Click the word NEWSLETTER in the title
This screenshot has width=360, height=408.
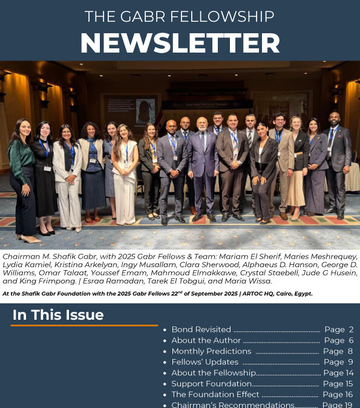(180, 42)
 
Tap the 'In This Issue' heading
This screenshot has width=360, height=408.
(58, 315)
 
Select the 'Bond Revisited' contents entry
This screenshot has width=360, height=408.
(201, 329)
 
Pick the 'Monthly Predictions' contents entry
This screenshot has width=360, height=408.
(211, 351)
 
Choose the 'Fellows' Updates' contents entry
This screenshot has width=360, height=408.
(205, 362)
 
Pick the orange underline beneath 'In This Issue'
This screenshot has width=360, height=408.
(84, 325)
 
